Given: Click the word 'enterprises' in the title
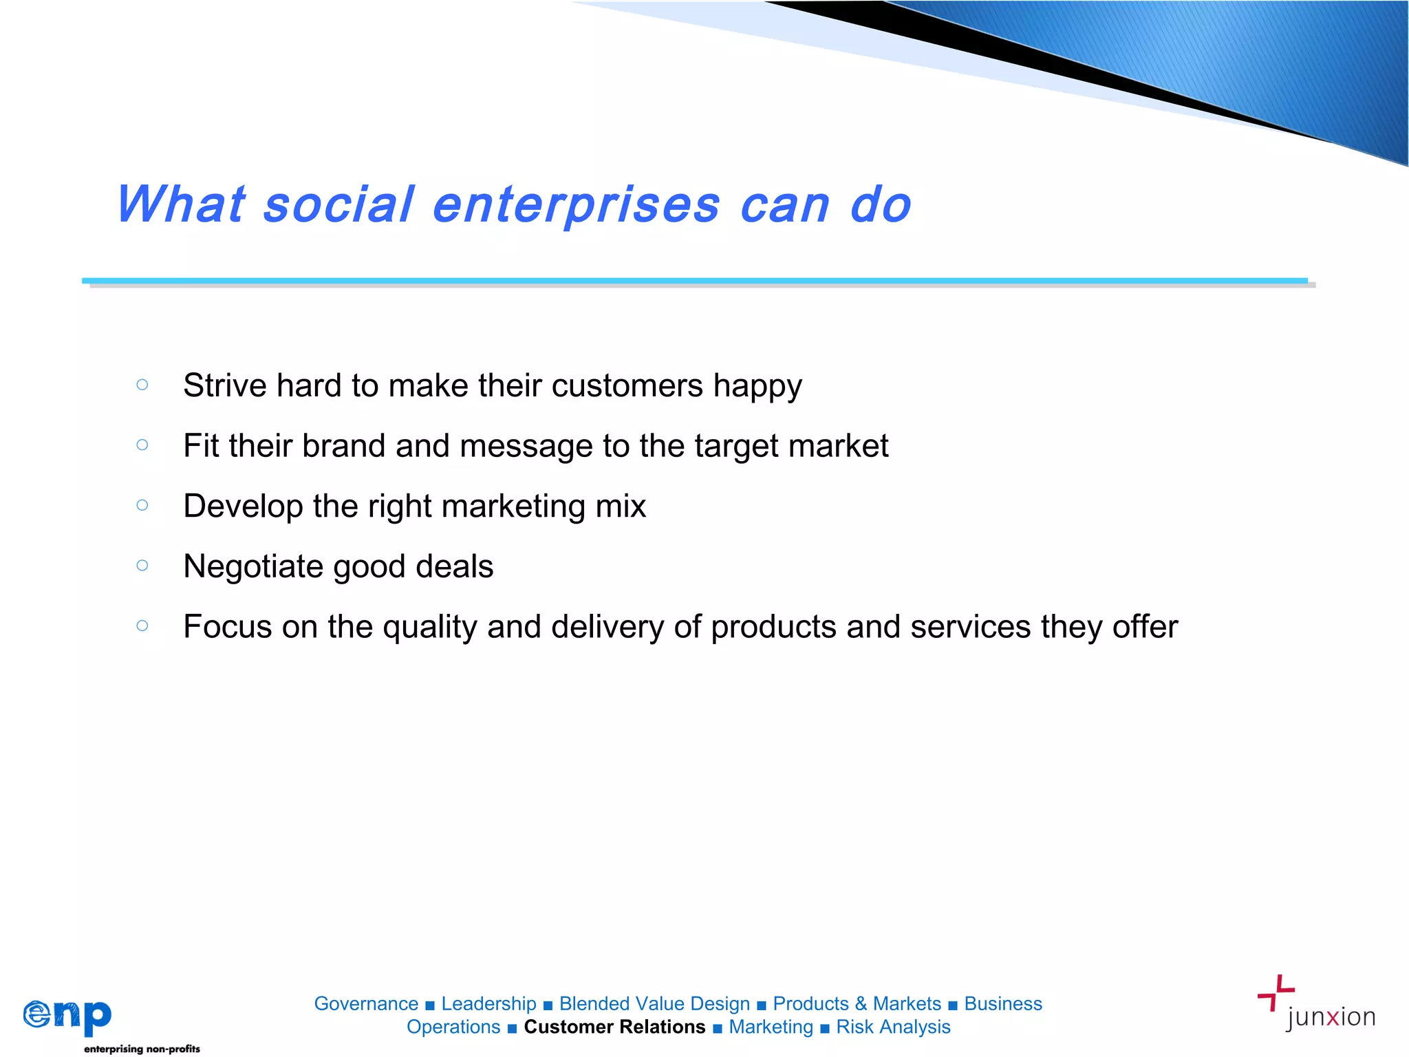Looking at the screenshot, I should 576,205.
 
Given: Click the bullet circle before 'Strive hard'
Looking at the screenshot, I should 142,385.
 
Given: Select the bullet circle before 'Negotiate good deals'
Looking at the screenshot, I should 142,566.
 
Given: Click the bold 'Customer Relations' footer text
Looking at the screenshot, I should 614,1027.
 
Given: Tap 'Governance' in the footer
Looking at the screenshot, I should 366,1004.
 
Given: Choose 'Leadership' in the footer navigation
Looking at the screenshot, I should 488,1004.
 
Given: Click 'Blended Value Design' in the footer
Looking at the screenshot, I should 654,1004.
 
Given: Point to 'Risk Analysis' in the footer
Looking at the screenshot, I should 893,1027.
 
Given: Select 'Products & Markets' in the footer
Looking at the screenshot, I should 857,1004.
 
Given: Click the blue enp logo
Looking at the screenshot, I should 67,1015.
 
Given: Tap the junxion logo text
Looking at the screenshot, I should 1330,1017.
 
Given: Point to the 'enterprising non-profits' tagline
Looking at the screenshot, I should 142,1049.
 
